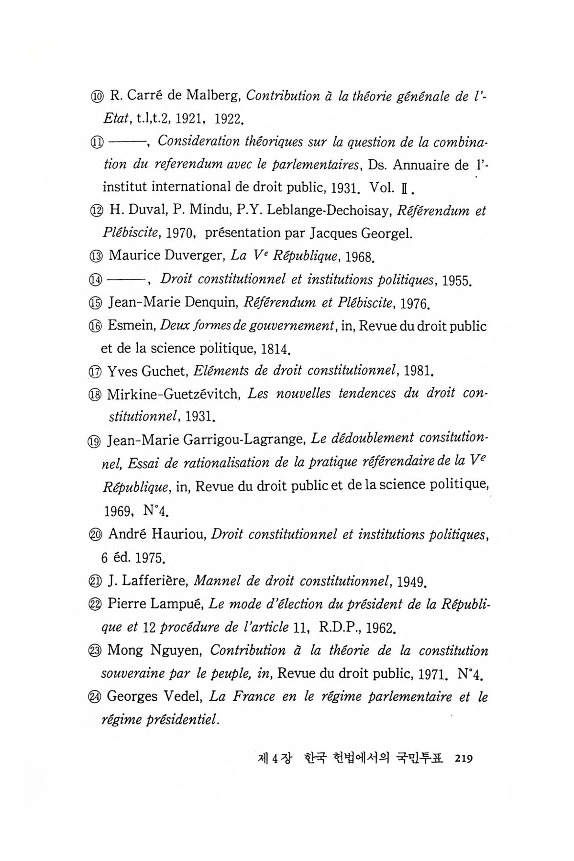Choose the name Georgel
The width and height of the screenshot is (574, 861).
386,233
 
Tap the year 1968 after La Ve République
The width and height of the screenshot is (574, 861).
359,257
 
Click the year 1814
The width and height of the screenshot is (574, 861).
276,349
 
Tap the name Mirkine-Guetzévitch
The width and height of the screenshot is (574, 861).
174,394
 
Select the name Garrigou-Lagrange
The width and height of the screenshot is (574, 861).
242,439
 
